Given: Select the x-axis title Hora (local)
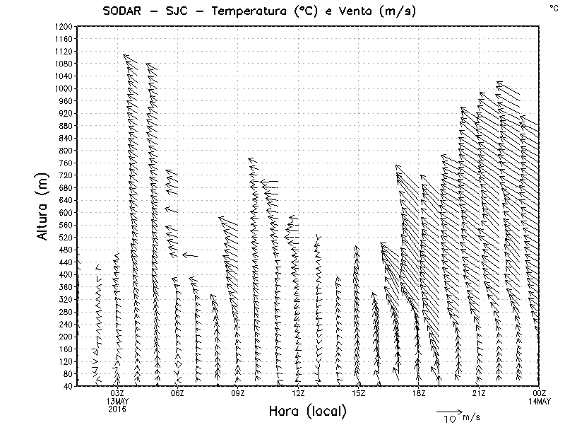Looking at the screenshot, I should tap(307, 412).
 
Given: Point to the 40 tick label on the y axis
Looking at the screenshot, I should tap(69, 386).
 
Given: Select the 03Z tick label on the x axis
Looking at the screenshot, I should tap(117, 393).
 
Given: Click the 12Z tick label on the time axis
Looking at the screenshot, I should tap(298, 393).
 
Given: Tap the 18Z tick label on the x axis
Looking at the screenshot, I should tap(419, 393).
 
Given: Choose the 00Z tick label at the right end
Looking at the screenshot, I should tap(539, 393).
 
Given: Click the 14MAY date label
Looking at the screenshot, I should tap(539, 401).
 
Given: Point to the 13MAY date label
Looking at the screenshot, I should tap(117, 401).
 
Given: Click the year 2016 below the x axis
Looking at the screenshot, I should tap(117, 409).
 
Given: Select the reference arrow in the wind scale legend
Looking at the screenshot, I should tap(448, 410).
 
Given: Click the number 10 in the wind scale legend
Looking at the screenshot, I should tap(450, 419).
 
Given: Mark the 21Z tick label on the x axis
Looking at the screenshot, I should tap(479, 393).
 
